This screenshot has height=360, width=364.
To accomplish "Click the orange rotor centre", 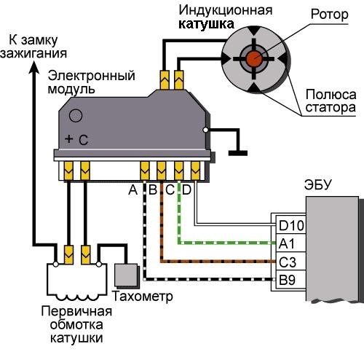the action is [254, 58].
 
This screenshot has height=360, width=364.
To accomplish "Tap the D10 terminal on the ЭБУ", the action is [291, 225].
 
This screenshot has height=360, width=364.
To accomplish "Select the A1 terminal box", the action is [291, 243].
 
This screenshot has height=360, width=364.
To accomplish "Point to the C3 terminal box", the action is [291, 261].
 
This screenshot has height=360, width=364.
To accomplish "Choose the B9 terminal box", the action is [291, 279].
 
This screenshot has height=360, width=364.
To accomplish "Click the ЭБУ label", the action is [317, 185].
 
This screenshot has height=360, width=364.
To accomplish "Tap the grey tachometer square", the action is [126, 275].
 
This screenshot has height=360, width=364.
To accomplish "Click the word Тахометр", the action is [143, 296].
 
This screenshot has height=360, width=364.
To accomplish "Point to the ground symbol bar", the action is [238, 153].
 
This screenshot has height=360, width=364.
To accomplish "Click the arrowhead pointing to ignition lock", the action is [34, 67].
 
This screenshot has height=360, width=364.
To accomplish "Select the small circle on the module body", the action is [76, 115].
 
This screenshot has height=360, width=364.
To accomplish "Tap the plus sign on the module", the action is [69, 139].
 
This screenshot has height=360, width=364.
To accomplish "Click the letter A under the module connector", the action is [132, 189].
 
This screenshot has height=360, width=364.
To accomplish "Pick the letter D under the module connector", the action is [186, 189].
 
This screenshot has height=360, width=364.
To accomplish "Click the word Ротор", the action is [330, 15].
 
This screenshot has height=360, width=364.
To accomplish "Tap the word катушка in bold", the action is [207, 24].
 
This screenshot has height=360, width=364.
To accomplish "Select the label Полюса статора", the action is [331, 101].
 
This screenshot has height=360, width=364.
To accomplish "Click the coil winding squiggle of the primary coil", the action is [77, 297].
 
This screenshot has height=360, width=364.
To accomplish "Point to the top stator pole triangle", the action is [254, 31].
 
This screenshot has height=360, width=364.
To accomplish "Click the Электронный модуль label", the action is [91, 82].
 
